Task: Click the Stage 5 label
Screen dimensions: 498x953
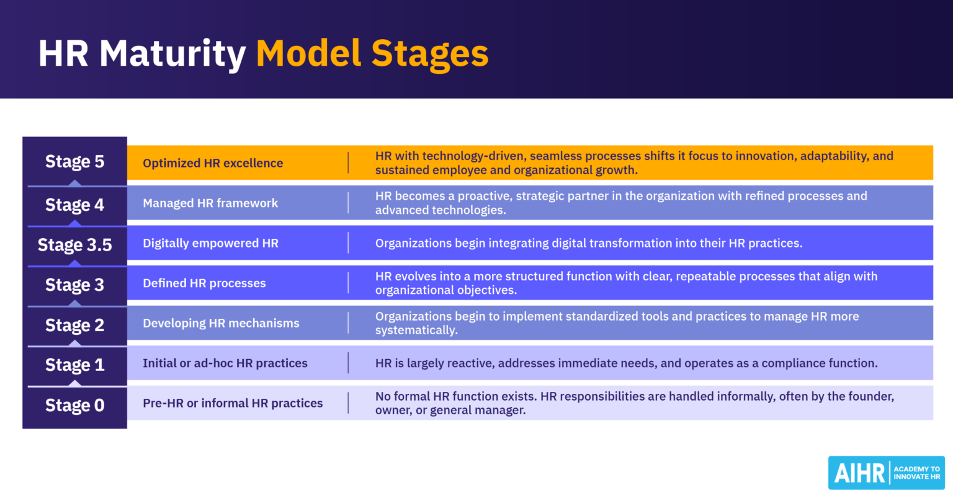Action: tap(74, 162)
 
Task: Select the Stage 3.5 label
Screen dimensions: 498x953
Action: tap(74, 245)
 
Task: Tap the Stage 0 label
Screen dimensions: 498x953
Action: tap(74, 406)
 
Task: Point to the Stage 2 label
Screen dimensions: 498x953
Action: tap(74, 326)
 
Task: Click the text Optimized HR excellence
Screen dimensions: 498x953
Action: tap(213, 163)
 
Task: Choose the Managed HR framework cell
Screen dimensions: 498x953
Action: tap(210, 203)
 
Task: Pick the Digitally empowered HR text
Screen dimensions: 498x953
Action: tap(210, 243)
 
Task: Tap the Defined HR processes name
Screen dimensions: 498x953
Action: tap(204, 283)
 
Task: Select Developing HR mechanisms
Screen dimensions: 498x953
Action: tap(221, 323)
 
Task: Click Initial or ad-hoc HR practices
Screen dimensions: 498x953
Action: tap(225, 363)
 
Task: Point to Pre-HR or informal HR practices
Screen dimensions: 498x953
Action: tap(233, 403)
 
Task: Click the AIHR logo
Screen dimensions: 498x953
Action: tap(885, 473)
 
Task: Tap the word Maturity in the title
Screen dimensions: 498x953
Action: tap(172, 54)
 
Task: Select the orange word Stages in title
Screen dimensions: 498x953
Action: tap(430, 54)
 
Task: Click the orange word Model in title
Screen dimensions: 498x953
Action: tap(309, 54)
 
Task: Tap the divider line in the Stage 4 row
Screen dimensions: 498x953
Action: tap(348, 203)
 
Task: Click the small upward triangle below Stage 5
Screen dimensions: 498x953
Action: tap(74, 183)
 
